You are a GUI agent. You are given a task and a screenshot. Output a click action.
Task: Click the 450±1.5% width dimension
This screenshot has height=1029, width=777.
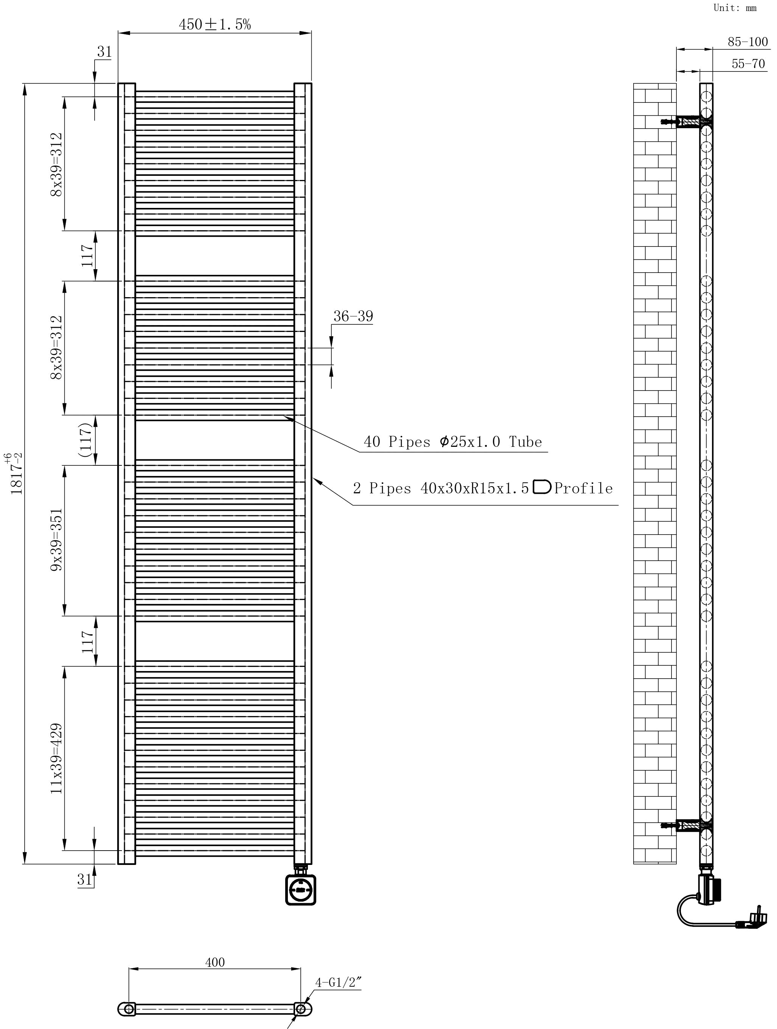tap(214, 24)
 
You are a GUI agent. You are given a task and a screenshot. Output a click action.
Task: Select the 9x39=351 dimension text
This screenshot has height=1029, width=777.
tap(56, 540)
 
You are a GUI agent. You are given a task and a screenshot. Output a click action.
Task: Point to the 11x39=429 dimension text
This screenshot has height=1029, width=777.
tap(56, 758)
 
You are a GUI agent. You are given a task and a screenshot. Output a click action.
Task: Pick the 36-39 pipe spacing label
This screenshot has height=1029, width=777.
tap(353, 316)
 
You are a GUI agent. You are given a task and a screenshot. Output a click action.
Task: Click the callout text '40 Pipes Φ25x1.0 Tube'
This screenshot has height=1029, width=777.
tap(452, 442)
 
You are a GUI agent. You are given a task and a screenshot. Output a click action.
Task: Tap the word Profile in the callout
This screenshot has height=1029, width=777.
tap(583, 488)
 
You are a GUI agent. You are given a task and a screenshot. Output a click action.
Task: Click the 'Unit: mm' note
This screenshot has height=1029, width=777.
tap(735, 8)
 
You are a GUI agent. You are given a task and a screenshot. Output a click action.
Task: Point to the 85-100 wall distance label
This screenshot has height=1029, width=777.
tap(747, 42)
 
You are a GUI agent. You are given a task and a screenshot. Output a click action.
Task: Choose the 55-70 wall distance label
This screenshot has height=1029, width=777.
tap(748, 64)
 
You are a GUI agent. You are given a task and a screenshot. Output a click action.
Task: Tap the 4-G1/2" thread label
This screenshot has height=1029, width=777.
tap(339, 983)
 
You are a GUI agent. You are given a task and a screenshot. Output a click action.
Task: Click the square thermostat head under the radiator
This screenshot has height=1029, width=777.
tap(300, 890)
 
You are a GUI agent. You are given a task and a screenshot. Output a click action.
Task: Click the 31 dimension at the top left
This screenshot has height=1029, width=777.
tap(104, 52)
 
